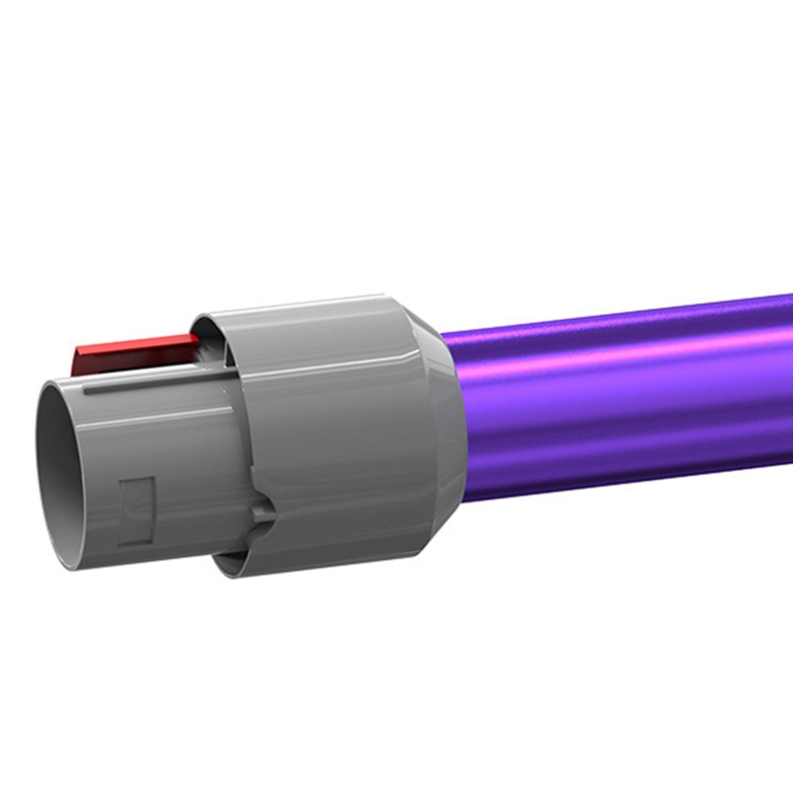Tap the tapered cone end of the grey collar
click(x=442, y=426)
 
